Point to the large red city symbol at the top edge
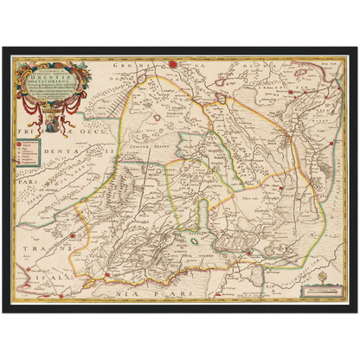(173, 62)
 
